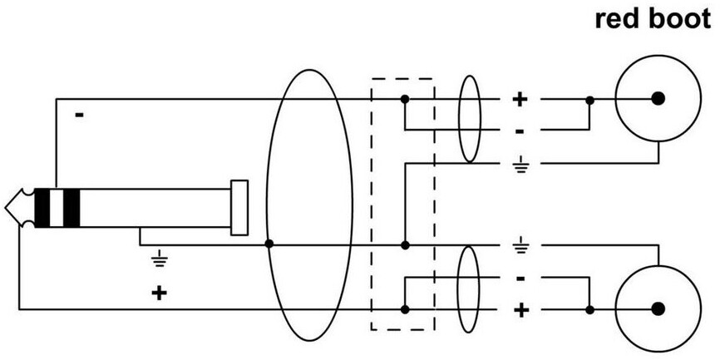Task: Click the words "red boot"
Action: [x=653, y=20]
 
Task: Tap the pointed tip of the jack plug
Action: [x=6, y=208]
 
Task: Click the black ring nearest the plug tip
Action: [x=42, y=208]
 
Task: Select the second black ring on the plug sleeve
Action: [x=72, y=208]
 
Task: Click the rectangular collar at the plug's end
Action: [x=239, y=208]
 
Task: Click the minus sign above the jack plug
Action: [x=80, y=115]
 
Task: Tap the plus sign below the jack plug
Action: [x=159, y=293]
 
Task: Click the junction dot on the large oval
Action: [x=269, y=244]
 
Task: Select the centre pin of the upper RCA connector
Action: [x=658, y=98]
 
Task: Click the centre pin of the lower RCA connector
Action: [x=658, y=309]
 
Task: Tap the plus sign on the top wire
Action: [x=520, y=99]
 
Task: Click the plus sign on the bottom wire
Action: [x=520, y=310]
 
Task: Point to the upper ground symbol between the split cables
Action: [x=520, y=165]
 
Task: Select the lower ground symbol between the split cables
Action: [x=520, y=244]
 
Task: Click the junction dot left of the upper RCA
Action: [x=590, y=100]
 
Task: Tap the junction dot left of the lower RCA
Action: [x=590, y=310]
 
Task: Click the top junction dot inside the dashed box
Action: [x=405, y=99]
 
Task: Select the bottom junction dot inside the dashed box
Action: [x=405, y=309]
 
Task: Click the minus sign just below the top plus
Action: [x=520, y=132]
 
